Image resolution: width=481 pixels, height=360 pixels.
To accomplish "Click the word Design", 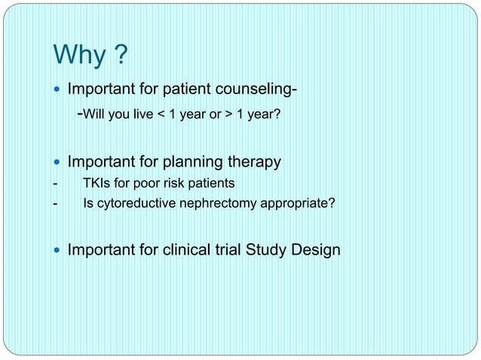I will tap(314, 249).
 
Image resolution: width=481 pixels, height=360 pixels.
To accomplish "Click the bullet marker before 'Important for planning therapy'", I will tap(58, 161).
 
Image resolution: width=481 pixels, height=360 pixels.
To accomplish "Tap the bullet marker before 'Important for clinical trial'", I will tap(58, 249).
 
